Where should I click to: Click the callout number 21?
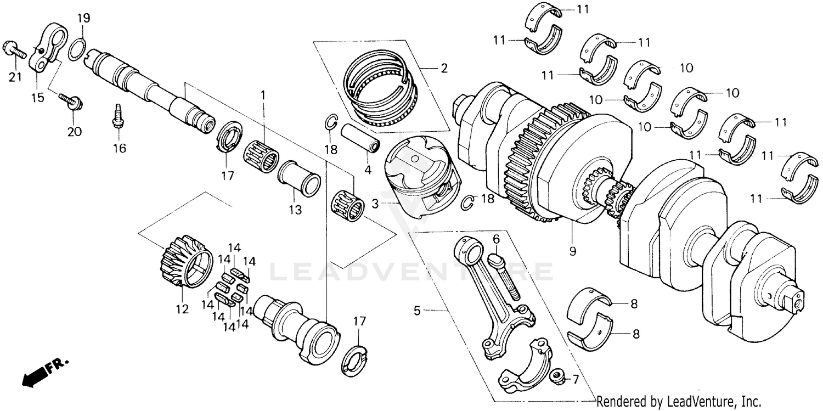coord(15,77)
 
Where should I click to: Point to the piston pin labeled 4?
coord(361,140)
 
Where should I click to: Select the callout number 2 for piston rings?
coord(443,69)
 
